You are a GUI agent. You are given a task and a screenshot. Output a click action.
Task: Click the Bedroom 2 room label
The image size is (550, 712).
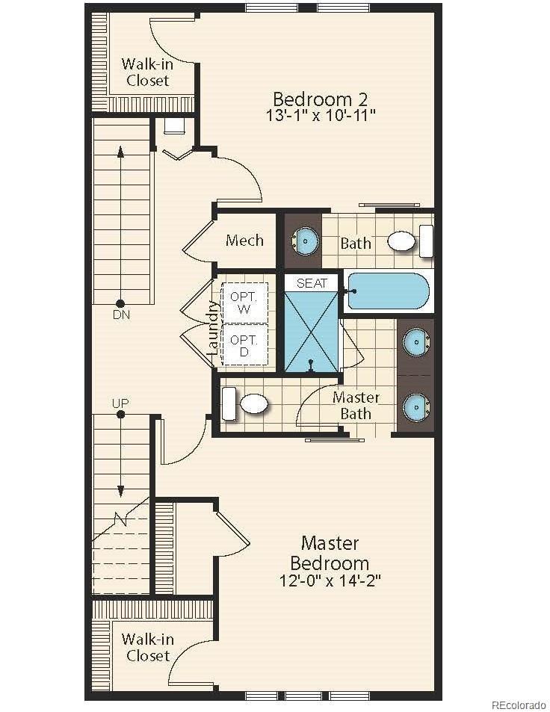(320, 99)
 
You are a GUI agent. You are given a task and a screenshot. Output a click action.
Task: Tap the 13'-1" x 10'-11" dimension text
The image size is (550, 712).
(321, 115)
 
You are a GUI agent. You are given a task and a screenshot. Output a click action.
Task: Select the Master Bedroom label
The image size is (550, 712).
(330, 553)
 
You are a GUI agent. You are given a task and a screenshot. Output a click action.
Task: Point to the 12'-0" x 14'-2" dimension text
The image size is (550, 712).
(330, 581)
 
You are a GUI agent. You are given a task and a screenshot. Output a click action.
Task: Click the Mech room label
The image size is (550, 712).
(244, 240)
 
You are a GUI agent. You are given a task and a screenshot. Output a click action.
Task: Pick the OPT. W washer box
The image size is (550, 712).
(244, 303)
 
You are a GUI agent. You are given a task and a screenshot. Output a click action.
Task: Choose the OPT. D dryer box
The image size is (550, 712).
(244, 344)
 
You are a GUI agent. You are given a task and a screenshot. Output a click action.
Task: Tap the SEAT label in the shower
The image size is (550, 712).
(312, 283)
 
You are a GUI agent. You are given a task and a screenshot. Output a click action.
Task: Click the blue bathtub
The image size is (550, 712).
(389, 291)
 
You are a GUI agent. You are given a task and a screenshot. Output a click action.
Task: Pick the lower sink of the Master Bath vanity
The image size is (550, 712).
(416, 407)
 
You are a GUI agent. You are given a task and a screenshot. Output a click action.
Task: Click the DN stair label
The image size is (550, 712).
(121, 315)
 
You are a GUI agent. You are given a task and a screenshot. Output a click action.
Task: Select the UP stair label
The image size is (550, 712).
(120, 403)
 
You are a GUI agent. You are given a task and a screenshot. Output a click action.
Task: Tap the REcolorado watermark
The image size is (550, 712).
(519, 705)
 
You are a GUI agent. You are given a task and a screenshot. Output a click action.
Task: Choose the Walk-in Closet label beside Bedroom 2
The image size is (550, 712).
(148, 72)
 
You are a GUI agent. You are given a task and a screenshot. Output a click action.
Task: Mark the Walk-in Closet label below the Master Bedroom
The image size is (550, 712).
(148, 647)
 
